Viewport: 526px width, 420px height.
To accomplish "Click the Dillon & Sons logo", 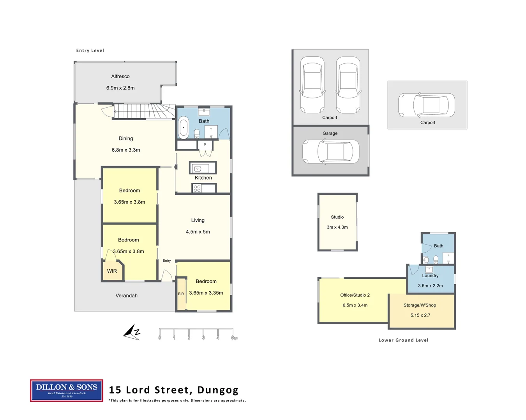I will coord(67,390).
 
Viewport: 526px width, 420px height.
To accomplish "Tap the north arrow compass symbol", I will coord(132,332).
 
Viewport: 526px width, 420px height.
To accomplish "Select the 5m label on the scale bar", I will coord(234,338).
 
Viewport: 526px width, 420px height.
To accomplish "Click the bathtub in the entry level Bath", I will coord(184,127).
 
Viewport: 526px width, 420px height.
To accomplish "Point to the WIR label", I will coord(112,271).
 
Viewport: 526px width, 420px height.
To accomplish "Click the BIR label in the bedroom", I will coord(181,294).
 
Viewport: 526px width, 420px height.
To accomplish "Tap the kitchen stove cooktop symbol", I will coord(197,189).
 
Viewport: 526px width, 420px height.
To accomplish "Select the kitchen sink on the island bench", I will coord(198,168).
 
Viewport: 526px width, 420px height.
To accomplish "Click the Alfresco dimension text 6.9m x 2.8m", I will coord(120,88).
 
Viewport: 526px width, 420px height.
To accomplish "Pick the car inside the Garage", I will coord(331,152).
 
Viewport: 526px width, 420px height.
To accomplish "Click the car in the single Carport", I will coord(427,105).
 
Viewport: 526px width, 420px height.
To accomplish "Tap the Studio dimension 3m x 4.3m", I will coord(337,227).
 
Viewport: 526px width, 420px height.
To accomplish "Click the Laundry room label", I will coord(430,276).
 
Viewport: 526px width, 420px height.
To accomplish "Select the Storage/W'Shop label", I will coord(420,305).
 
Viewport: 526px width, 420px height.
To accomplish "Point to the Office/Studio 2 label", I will coord(355,295).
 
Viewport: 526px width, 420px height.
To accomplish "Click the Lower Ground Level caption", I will coord(403,340).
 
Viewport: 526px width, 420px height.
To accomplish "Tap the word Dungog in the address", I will coord(218,390).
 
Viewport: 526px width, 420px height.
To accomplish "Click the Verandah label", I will coord(126,296).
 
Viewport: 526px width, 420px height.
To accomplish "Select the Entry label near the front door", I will coord(167,261).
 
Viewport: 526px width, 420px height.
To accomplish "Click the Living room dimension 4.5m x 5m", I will coord(198,232).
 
